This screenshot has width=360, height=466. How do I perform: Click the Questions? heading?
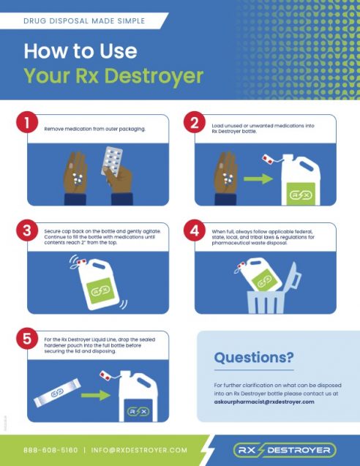pos(254,358)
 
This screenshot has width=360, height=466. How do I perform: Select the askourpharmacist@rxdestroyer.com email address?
pos(264,402)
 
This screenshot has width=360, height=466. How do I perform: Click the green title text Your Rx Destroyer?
pos(113,75)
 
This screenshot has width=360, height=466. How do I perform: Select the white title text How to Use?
pos(80,51)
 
